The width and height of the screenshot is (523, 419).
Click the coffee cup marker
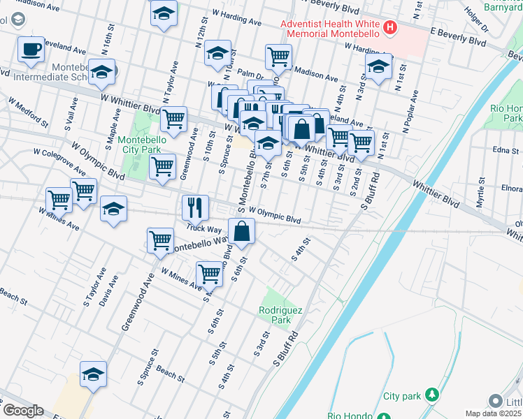[31, 50]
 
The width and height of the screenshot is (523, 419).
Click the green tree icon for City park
[432, 396]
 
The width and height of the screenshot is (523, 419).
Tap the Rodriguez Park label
[274, 315]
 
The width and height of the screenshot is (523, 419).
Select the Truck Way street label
[203, 228]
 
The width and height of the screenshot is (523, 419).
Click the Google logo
[22, 411]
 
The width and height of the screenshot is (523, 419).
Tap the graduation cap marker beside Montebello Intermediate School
[102, 72]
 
